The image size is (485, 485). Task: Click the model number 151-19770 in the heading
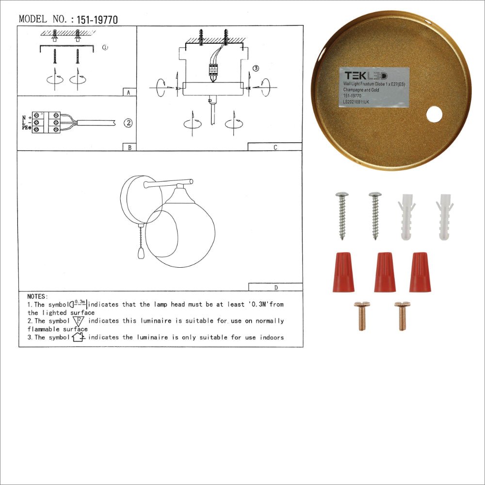tap(97, 20)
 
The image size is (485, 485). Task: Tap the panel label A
tap(128, 92)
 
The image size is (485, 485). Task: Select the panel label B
tap(129, 147)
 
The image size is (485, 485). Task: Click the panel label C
tap(275, 147)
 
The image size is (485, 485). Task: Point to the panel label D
tap(275, 287)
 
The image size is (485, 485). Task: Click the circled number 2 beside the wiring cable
tap(128, 123)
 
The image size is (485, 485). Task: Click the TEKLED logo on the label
tap(366, 76)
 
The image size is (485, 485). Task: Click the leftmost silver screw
tap(342, 215)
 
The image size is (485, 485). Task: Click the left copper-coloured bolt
tap(361, 316)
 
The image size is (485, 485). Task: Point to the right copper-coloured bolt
tap(402, 316)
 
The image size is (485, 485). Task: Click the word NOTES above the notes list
tap(38, 296)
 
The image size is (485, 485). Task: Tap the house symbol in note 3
tap(78, 337)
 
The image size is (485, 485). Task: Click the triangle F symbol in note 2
tap(79, 321)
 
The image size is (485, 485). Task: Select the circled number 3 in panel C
tap(256, 68)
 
